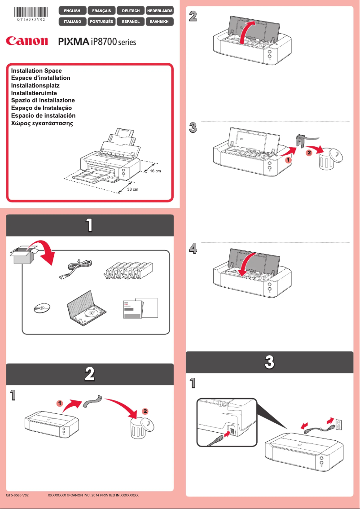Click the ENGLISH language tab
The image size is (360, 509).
point(72,10)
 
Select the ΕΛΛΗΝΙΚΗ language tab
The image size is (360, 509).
point(159,21)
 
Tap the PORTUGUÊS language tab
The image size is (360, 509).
point(101,21)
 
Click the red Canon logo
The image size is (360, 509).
point(27,41)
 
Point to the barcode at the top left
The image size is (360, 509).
point(31,12)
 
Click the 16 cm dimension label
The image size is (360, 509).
point(155,171)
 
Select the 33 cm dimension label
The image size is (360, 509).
point(132,189)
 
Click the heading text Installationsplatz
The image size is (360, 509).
point(35,85)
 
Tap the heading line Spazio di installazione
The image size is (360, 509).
point(43,100)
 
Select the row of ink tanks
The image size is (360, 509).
point(128,271)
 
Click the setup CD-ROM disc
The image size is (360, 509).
point(41,309)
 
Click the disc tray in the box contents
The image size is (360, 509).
point(88,309)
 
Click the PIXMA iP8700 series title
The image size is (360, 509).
point(97,42)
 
